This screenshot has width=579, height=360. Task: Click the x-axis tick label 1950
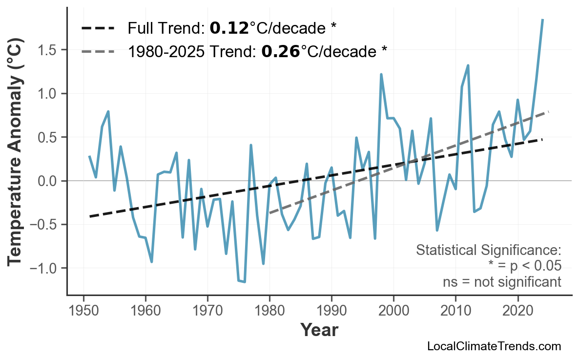point(83,311)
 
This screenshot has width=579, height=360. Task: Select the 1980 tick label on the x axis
point(269,311)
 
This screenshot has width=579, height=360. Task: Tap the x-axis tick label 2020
point(517,311)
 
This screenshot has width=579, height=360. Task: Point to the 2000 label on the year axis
point(393,311)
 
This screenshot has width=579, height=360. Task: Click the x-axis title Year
point(319,330)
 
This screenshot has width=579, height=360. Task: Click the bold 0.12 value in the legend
point(229,28)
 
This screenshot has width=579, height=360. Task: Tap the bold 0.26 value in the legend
point(280,50)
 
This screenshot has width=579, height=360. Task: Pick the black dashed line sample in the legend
point(98,28)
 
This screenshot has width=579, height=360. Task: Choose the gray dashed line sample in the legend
point(98,50)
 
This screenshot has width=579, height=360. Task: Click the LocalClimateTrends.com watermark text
point(494,346)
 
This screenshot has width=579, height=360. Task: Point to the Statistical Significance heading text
point(488,251)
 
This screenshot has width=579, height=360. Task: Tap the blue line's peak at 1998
point(381,74)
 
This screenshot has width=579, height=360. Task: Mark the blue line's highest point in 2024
point(542,20)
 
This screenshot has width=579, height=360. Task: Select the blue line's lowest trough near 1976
point(245,282)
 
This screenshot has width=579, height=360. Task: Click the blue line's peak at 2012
point(468,65)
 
